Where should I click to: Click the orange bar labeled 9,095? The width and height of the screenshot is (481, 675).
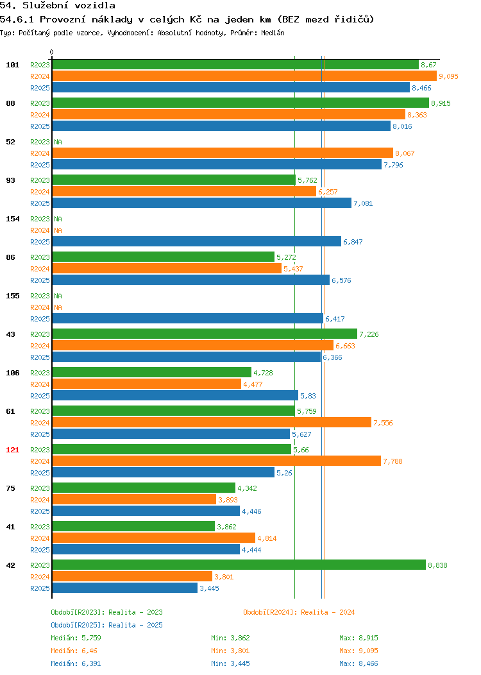[x=244, y=76]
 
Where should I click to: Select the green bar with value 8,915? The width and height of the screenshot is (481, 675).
[x=240, y=103]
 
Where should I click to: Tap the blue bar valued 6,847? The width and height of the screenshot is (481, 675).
[x=197, y=241]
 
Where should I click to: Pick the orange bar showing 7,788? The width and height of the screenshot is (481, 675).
[x=216, y=461]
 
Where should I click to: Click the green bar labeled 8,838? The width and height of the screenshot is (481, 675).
[x=239, y=565]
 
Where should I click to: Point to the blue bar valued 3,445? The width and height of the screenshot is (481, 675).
[x=125, y=588]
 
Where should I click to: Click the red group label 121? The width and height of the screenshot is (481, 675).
[x=12, y=450]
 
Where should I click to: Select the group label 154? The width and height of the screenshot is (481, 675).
[x=12, y=219]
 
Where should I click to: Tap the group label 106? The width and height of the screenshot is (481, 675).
[x=12, y=373]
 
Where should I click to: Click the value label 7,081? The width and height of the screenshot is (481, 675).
[x=363, y=203]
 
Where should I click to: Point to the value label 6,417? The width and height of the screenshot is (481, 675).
[x=335, y=319]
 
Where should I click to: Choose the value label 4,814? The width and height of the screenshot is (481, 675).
[x=267, y=538]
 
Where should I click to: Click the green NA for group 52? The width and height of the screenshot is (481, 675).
[x=58, y=142]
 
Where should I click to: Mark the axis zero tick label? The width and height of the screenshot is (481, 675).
[x=52, y=53]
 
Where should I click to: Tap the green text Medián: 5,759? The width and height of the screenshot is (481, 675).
[x=76, y=638]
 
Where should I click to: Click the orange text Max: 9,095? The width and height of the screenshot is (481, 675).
[x=359, y=651]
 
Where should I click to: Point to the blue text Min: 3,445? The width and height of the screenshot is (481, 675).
[x=230, y=664]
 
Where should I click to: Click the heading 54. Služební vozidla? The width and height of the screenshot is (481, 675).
[x=58, y=6]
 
